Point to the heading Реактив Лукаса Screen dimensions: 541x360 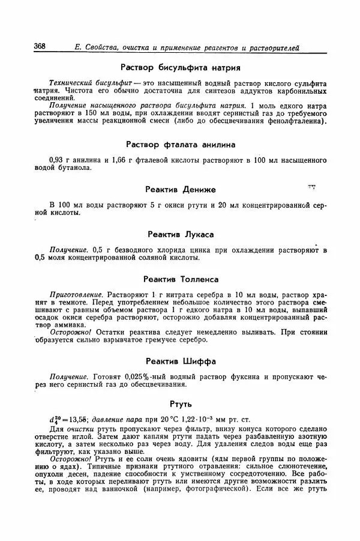181,234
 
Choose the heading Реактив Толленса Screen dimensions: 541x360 181,279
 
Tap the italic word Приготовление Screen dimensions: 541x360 77,295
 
